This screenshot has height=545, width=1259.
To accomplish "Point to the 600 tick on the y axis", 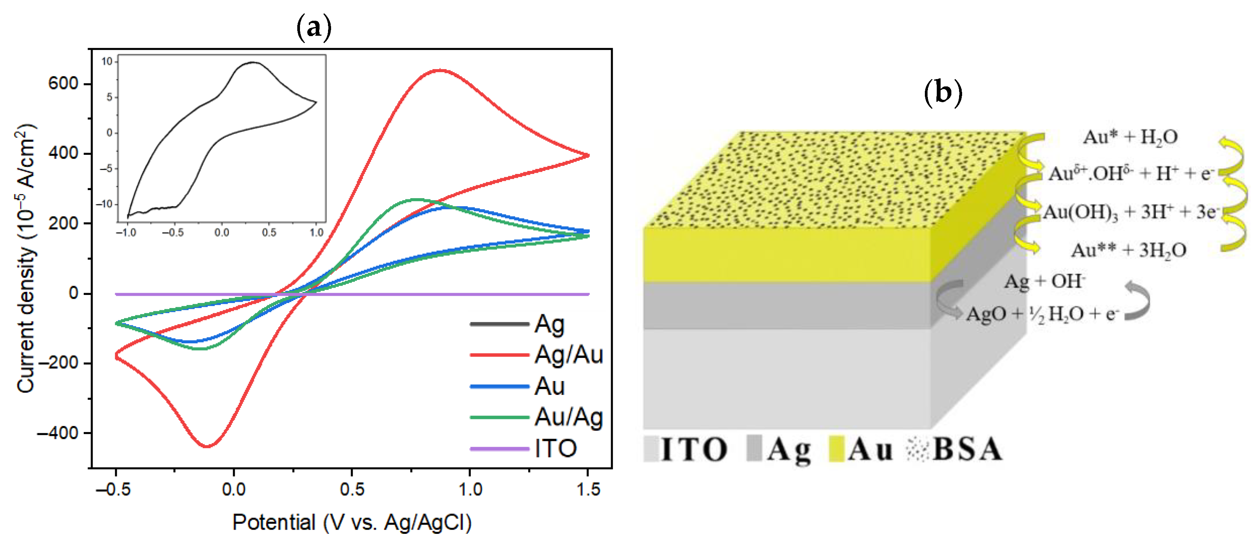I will (x=63, y=84).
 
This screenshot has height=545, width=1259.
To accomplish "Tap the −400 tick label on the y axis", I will (x=57, y=433).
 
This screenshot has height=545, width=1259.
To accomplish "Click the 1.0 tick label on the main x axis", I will (x=470, y=489).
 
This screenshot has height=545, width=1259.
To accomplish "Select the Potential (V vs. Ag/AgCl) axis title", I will (x=352, y=522).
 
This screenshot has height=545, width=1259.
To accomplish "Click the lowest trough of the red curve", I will (x=207, y=446).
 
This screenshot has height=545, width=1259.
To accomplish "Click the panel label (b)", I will (x=943, y=91).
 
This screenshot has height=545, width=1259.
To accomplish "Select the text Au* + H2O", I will (x=1130, y=137).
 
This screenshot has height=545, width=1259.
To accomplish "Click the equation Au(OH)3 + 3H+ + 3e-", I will (x=1130, y=213).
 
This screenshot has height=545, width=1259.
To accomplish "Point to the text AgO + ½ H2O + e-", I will (x=1042, y=314).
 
